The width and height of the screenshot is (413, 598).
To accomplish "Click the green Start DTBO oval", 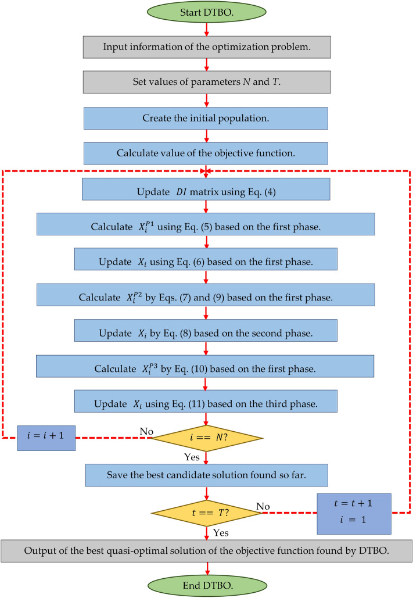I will (206, 12).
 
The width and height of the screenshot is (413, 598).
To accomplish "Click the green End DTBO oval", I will (206, 584).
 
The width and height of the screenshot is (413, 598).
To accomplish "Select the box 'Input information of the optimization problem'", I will (206, 46).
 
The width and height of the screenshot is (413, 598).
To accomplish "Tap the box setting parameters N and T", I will (206, 82).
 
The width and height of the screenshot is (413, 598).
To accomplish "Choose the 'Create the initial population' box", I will (206, 118).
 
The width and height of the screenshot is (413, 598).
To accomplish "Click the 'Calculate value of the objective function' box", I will (206, 153).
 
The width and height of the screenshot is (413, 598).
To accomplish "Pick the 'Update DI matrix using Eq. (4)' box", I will (206, 189).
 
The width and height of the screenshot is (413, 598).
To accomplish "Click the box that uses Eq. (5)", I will (206, 224).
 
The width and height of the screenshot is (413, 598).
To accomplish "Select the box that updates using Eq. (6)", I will (206, 260).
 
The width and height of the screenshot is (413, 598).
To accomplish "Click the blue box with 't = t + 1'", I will (354, 513).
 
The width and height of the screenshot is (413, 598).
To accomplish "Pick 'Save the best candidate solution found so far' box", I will (206, 475).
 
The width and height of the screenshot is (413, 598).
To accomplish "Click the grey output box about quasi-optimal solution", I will (206, 550).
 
